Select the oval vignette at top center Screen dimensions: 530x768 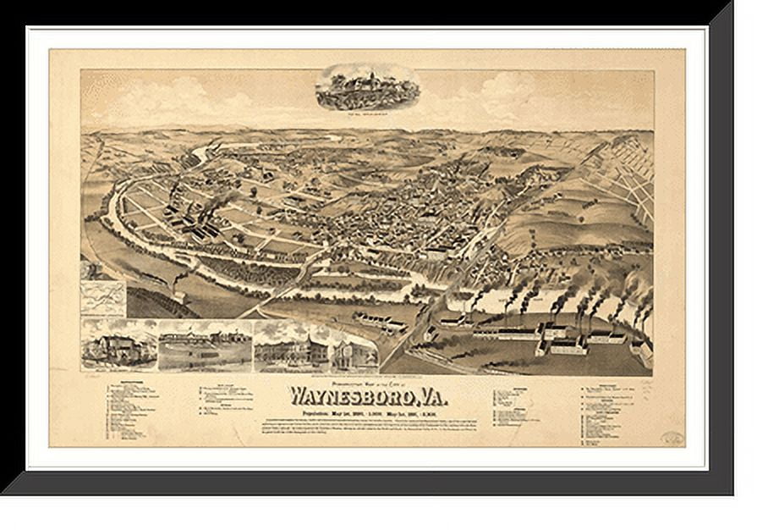tap(368, 87)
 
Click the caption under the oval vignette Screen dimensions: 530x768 tap(368, 110)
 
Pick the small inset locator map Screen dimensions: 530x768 tap(103, 299)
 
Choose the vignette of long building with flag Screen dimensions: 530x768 tap(205, 347)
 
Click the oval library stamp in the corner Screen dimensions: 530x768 tap(672, 438)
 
